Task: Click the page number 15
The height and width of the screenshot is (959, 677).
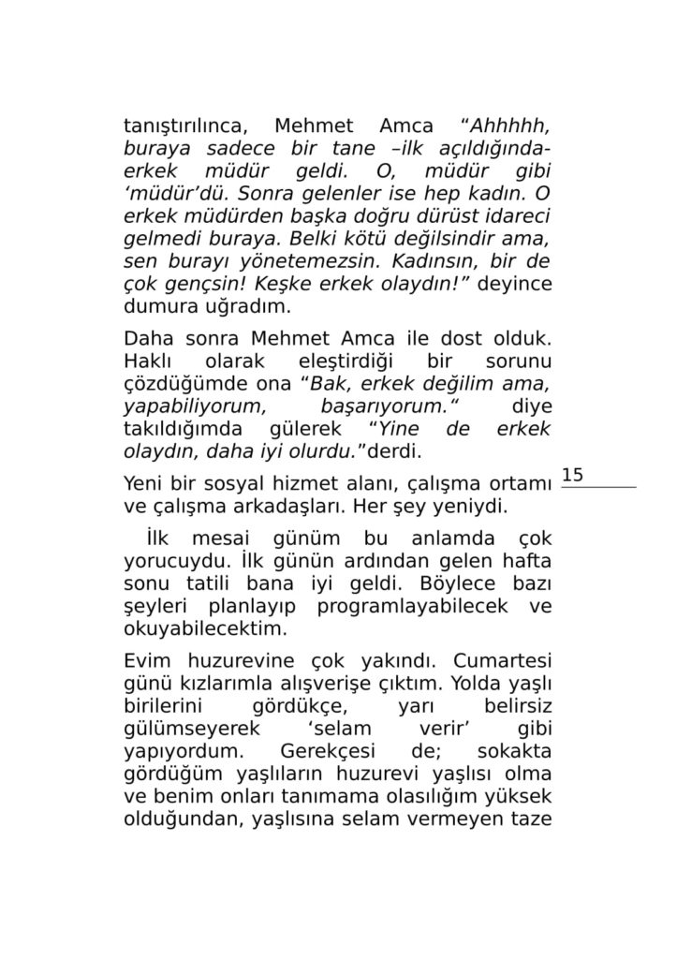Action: point(572,476)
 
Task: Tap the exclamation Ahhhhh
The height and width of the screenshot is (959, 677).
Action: point(510,126)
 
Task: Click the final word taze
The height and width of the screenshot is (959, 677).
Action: point(529,818)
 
